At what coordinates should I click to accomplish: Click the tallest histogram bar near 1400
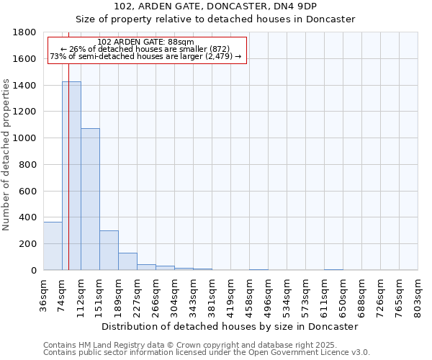coord(71,176)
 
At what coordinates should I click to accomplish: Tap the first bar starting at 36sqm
coord(53,246)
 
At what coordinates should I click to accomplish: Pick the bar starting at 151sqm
coord(109,250)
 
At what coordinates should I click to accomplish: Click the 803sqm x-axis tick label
coord(418,294)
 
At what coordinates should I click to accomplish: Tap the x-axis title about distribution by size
coord(230,326)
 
